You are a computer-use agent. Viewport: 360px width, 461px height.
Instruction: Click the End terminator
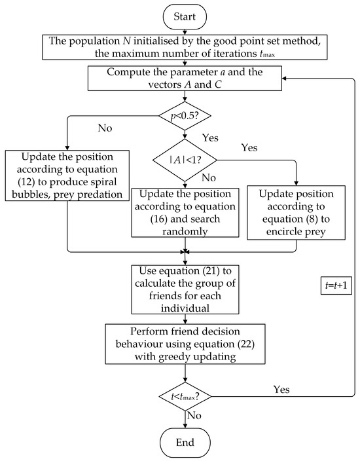[186, 442]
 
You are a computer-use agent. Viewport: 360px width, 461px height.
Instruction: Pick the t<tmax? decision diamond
[186, 395]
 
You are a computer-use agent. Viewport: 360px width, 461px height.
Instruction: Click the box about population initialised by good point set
[186, 46]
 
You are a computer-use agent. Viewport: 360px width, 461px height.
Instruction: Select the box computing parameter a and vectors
[186, 78]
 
